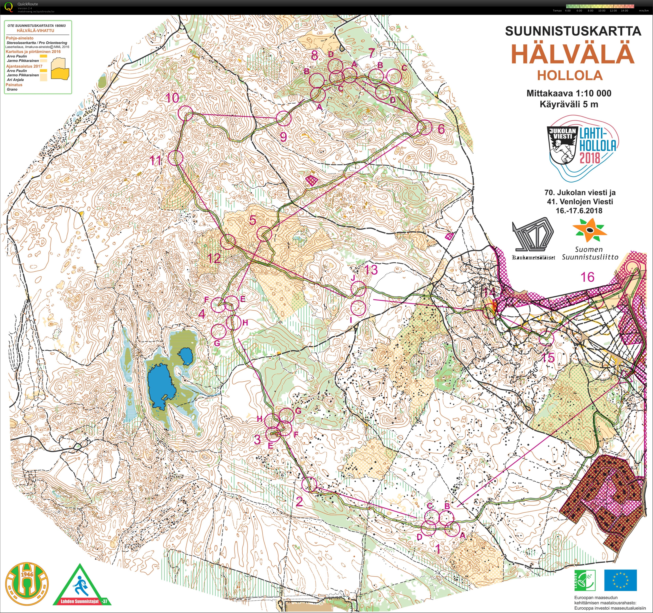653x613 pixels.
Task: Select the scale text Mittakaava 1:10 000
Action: click(x=569, y=93)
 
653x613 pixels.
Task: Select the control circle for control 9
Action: click(x=284, y=118)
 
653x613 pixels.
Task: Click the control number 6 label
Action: click(x=441, y=129)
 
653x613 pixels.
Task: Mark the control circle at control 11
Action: click(x=175, y=158)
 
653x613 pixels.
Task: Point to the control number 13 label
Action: click(x=371, y=270)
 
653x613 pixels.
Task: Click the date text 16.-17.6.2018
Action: click(x=579, y=211)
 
